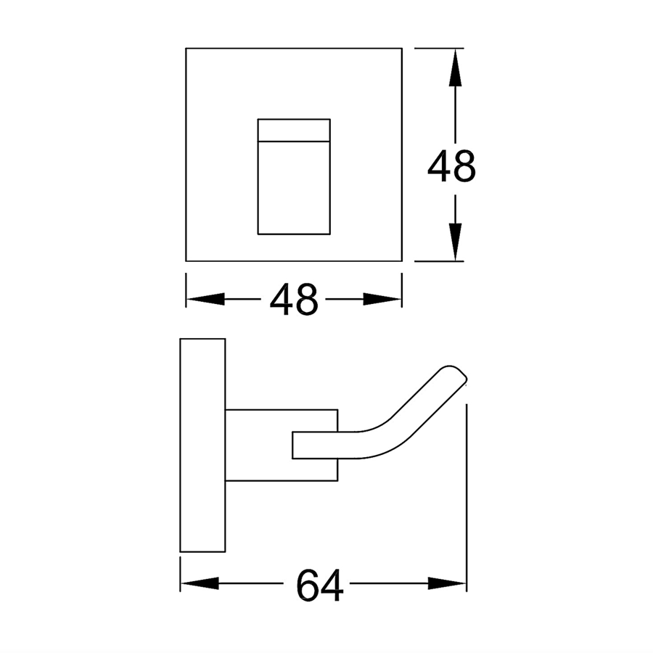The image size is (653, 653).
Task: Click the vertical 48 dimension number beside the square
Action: pos(451,168)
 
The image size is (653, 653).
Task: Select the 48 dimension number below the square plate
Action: pos(294,299)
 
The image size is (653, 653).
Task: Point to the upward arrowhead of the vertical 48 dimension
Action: pos(454,69)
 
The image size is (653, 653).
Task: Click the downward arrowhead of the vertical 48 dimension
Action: pos(454,241)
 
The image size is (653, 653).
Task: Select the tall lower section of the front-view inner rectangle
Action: pos(294,186)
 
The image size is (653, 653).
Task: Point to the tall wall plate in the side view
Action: pos(202,445)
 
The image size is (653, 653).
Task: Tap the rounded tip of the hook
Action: pos(456,373)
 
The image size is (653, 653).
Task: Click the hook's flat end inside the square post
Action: pos(305,445)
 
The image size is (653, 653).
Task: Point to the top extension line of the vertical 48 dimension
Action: pos(439,49)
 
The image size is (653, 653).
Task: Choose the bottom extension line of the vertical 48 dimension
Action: pos(439,261)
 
